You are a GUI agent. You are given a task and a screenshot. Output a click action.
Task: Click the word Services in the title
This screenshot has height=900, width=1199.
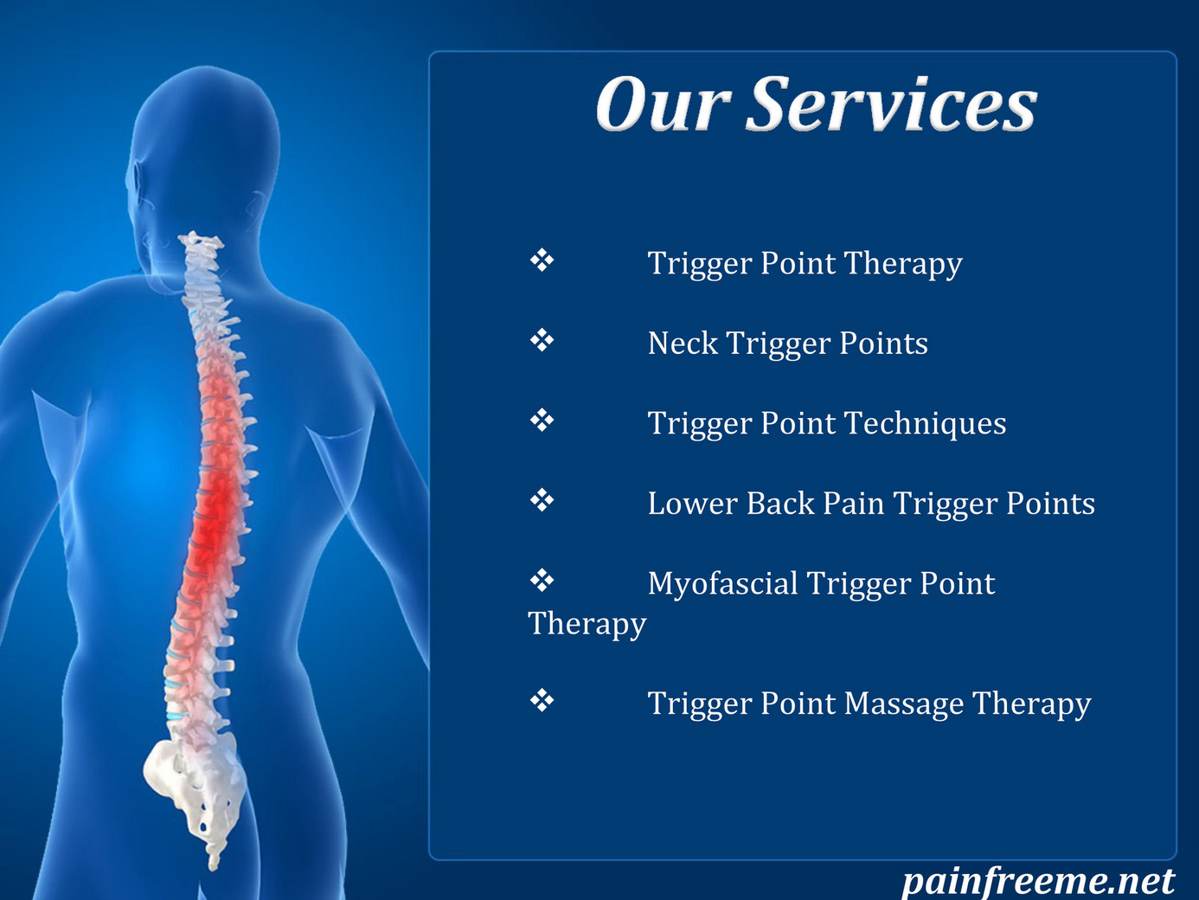[892, 104]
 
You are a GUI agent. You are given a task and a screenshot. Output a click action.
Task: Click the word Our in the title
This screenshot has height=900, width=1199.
[664, 104]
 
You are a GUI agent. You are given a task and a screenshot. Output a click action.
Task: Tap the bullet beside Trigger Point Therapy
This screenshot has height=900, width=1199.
[542, 260]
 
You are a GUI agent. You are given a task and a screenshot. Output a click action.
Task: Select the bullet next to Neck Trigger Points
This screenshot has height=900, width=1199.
[542, 340]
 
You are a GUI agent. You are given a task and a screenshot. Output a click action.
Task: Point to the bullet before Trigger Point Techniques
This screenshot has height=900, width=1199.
[542, 421]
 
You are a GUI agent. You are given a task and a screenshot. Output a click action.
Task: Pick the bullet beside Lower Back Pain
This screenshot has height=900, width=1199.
[542, 500]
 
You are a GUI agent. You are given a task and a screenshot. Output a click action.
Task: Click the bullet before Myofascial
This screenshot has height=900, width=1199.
[542, 581]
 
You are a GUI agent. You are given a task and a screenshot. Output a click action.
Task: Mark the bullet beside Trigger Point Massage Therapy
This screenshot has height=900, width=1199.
[542, 700]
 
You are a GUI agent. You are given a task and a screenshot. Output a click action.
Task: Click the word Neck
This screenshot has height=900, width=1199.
[683, 344]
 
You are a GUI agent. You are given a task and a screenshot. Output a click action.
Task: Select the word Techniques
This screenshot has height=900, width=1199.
[926, 424]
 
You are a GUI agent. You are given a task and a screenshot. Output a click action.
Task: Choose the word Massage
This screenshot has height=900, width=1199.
[904, 704]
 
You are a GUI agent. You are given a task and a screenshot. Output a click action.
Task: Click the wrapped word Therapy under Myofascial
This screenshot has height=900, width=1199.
[587, 624]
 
